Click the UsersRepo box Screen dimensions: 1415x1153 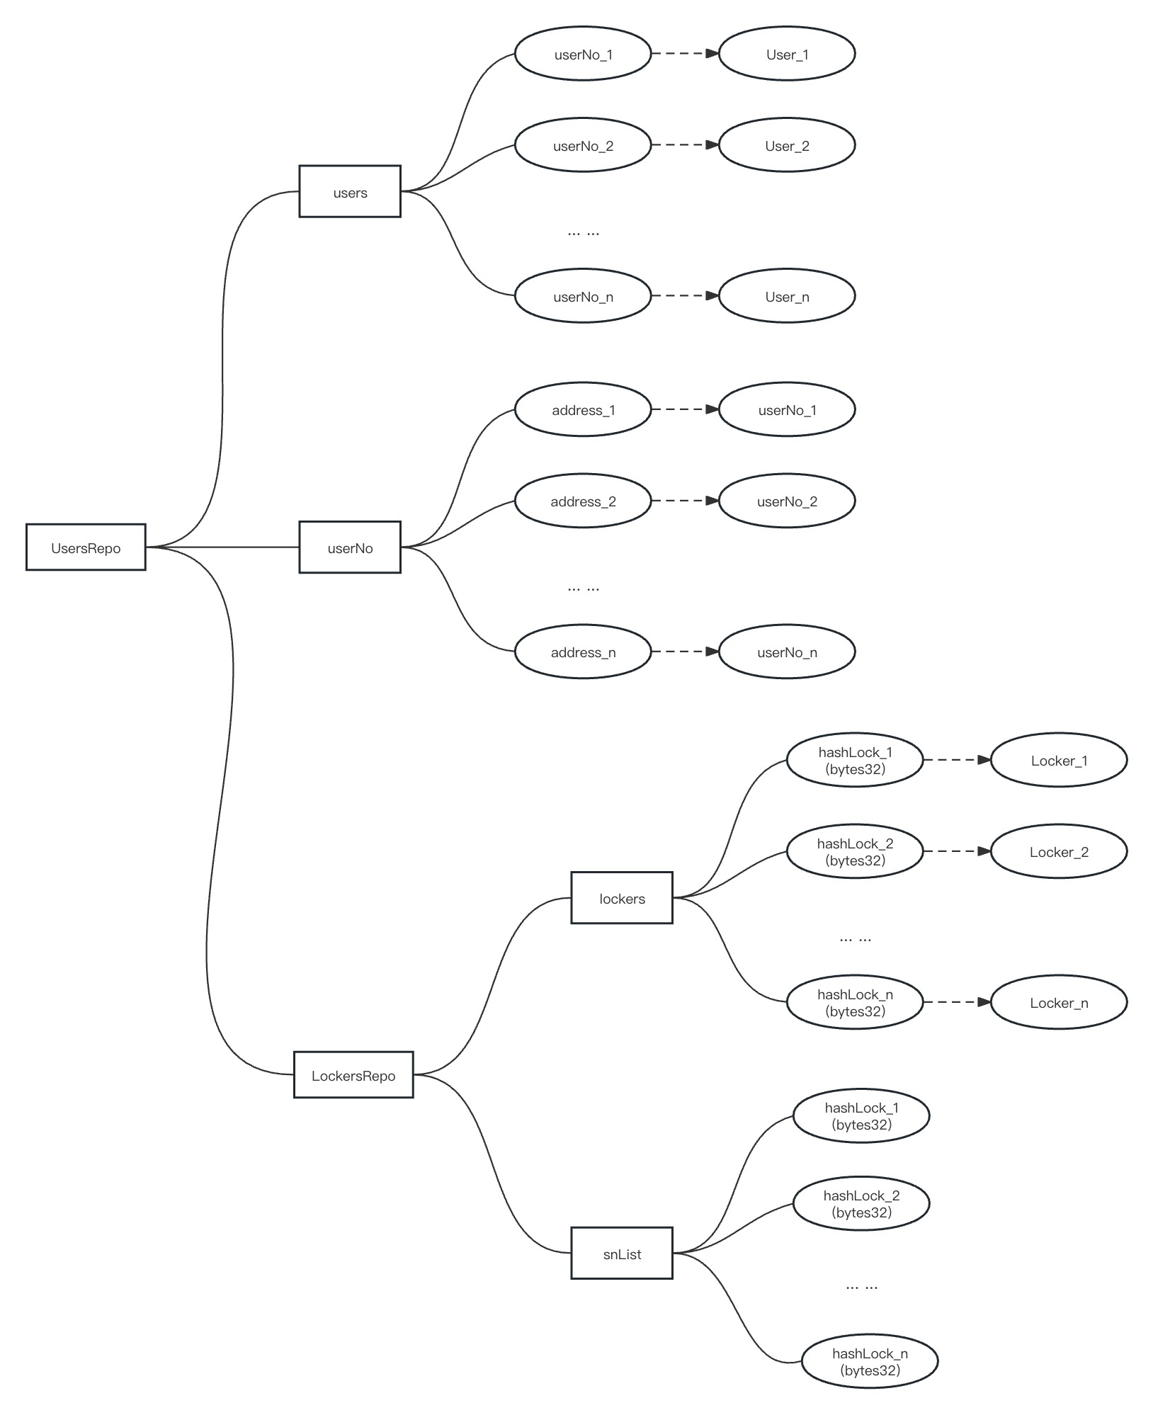point(86,547)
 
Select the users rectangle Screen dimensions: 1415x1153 point(350,191)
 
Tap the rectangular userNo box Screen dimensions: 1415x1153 point(350,547)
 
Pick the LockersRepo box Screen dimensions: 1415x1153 point(353,1074)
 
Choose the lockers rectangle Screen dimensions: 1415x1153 point(622,897)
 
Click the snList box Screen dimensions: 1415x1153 point(622,1253)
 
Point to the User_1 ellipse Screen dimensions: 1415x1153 point(787,54)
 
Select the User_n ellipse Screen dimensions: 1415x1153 point(787,296)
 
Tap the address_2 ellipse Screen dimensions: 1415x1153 point(583,501)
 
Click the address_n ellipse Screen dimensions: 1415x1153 point(583,652)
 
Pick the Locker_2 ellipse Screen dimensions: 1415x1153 point(1059,851)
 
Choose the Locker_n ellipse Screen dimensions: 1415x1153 point(1059,1002)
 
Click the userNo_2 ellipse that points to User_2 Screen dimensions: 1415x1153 point(583,145)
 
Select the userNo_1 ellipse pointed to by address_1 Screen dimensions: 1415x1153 point(787,409)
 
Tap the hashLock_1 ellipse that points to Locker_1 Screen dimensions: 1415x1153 point(855,760)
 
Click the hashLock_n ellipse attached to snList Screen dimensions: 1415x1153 point(870,1361)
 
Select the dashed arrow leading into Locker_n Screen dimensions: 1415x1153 point(957,1002)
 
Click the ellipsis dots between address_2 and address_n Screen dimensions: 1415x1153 point(583,588)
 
